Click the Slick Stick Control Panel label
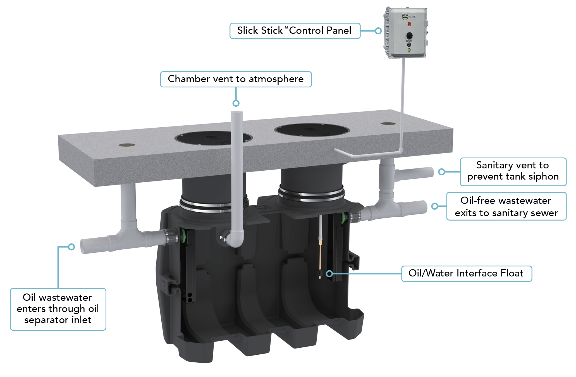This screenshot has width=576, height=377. tap(295, 31)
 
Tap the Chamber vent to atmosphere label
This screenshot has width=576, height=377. tap(236, 79)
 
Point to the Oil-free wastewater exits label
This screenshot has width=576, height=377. tap(506, 206)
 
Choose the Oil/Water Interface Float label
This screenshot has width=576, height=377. tap(466, 273)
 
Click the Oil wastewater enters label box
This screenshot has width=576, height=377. tap(58, 309)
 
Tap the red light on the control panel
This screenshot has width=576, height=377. tap(409, 24)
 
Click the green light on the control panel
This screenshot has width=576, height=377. tap(409, 50)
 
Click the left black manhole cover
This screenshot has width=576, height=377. tap(214, 138)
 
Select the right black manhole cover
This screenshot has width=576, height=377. tap(312, 130)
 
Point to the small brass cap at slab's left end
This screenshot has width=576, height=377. tap(127, 145)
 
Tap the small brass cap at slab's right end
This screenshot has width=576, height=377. tap(388, 123)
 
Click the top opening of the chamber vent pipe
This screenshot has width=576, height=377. tap(237, 112)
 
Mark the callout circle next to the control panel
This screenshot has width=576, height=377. tap(378, 31)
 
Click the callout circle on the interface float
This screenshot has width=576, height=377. tap(329, 273)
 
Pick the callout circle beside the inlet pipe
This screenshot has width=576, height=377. tap(71, 247)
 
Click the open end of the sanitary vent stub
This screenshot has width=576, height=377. tap(431, 172)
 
